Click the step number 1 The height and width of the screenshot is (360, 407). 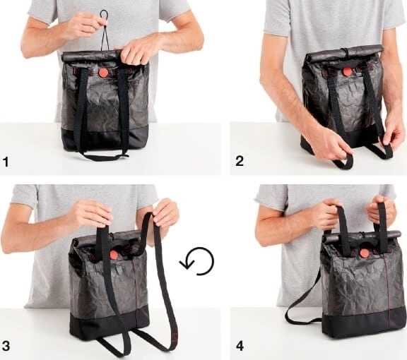[6, 162]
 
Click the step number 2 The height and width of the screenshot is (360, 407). [240, 162]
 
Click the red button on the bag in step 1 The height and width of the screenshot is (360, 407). [103, 72]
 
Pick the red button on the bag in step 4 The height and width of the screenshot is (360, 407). [364, 253]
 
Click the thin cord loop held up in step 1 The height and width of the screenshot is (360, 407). [105, 21]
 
